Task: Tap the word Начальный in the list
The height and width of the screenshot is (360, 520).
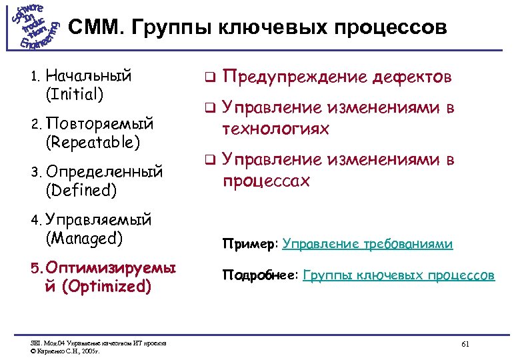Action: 89,75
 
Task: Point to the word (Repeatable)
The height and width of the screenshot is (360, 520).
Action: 93,141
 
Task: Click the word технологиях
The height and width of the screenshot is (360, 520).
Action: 275,128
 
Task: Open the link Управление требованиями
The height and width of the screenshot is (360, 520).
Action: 367,245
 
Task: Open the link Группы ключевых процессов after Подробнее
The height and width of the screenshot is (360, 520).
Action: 399,275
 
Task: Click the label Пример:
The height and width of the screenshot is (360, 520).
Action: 251,245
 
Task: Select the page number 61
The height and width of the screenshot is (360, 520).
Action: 465,343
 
